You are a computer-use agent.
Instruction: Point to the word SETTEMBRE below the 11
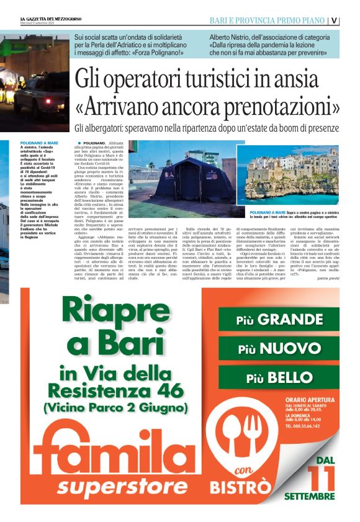[x=309, y=497]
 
